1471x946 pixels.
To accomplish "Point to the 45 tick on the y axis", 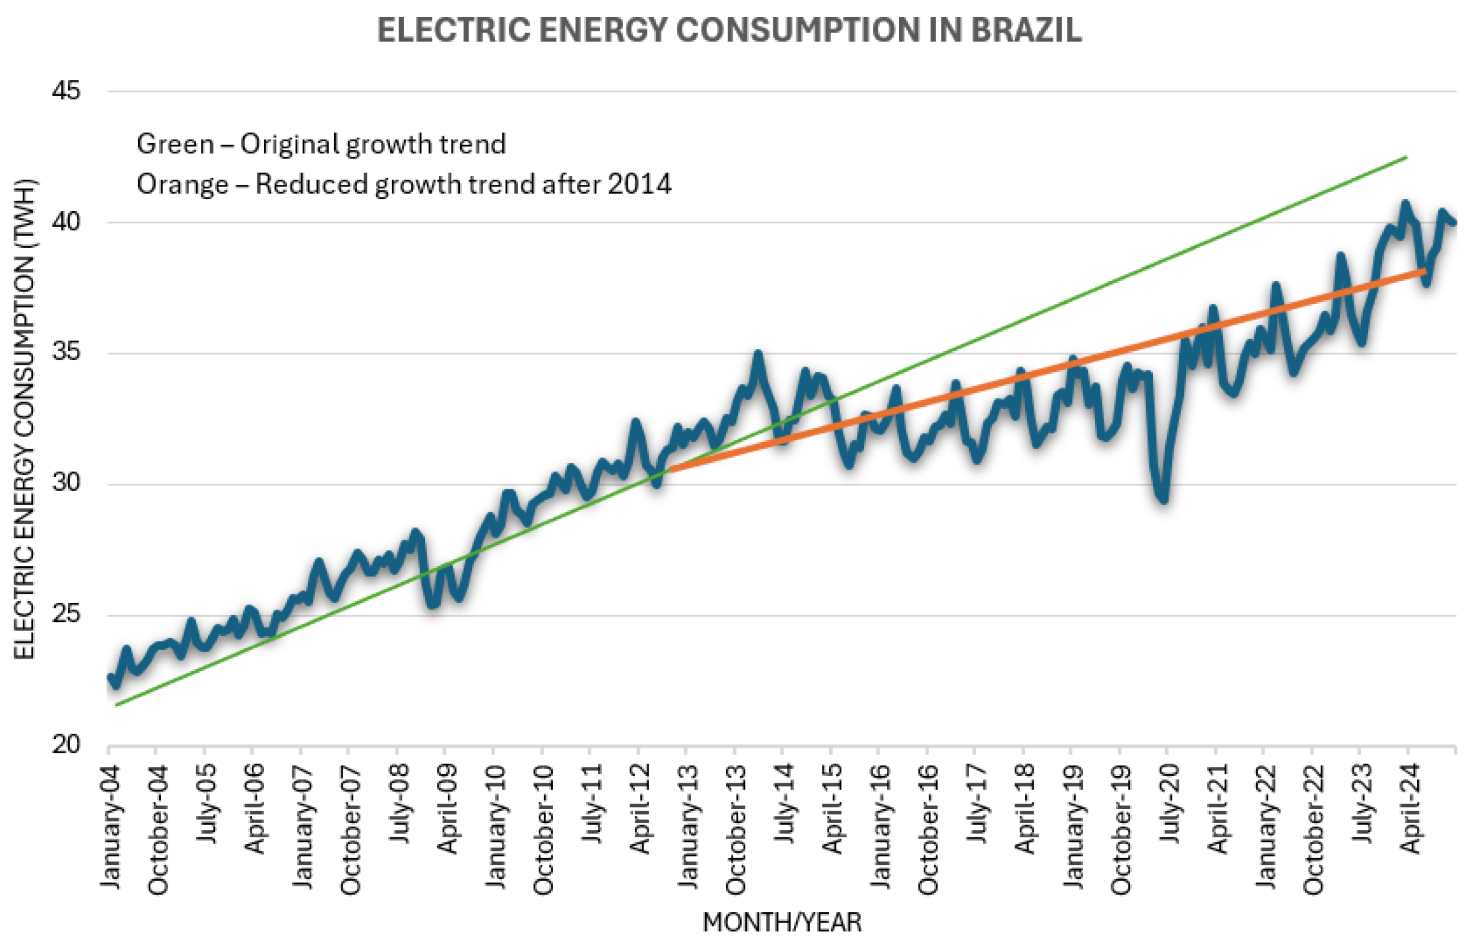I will [x=66, y=91].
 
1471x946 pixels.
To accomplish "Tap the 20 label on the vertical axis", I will [x=66, y=745].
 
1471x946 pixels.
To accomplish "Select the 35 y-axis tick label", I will [x=66, y=352].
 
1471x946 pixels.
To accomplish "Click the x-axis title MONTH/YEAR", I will [x=782, y=923].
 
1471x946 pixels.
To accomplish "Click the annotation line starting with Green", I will [x=321, y=144].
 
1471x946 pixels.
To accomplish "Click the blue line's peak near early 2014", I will [x=758, y=354].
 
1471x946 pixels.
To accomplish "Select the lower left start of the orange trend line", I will [x=671, y=469].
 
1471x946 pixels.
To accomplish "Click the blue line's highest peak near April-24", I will [x=1405, y=203].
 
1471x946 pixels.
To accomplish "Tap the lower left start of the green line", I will [x=116, y=705].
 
